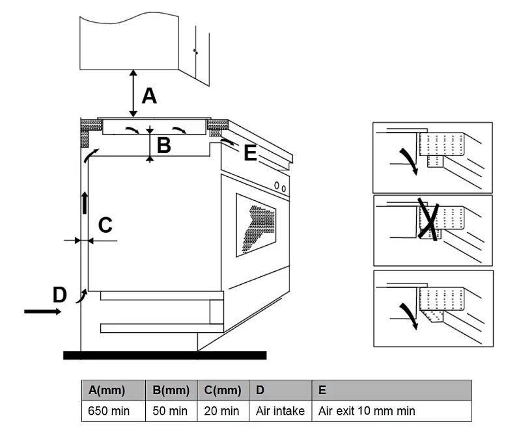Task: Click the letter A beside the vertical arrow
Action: [x=149, y=96]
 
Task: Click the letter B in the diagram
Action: [x=163, y=145]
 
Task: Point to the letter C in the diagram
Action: [x=105, y=226]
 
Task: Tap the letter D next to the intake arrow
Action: [x=59, y=295]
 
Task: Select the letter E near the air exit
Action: [x=250, y=153]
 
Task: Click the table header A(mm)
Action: [x=106, y=390]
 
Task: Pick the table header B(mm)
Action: [x=171, y=390]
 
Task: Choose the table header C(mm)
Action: [x=222, y=390]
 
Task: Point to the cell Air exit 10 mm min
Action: [x=367, y=411]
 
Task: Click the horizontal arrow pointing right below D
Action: [x=43, y=311]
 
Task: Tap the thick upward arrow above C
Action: [x=84, y=203]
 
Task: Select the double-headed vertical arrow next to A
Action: [x=133, y=94]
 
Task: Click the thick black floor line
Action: [x=165, y=355]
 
